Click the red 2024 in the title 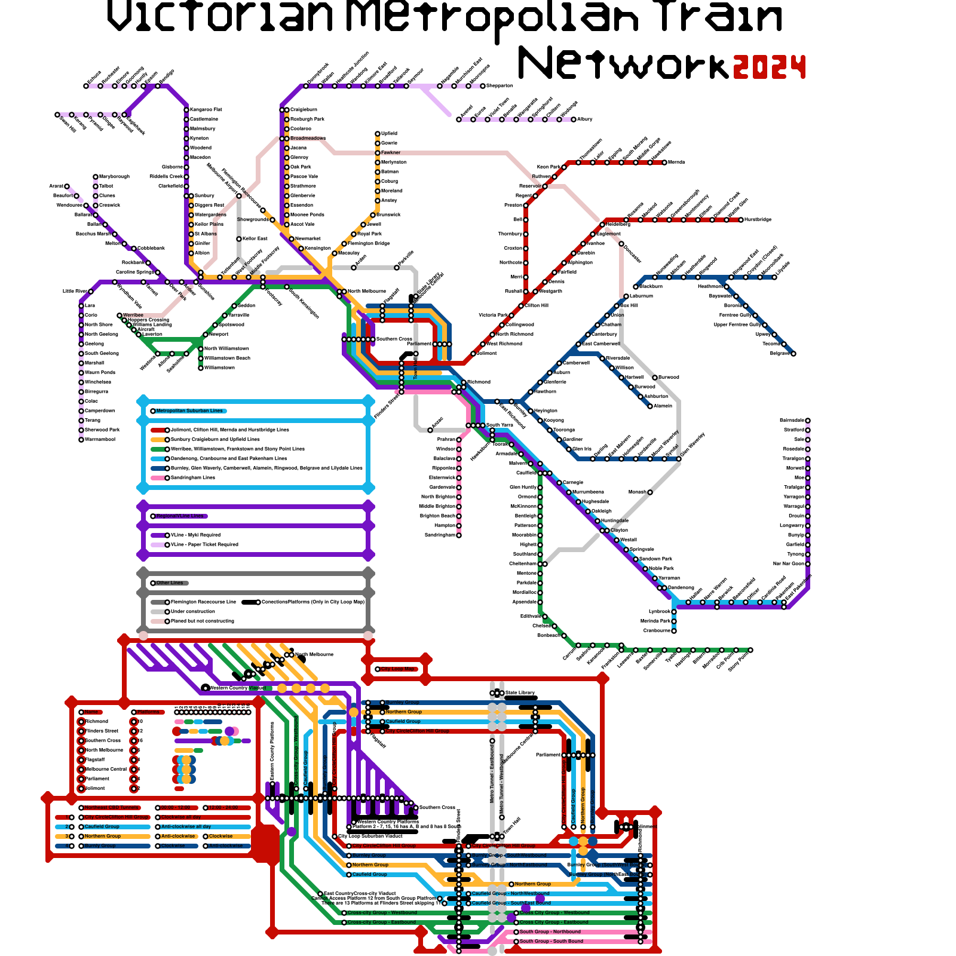[770, 67]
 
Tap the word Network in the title [623, 63]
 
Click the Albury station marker [574, 119]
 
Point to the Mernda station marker [664, 163]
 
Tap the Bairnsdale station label [792, 421]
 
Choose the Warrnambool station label [100, 440]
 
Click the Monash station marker [650, 492]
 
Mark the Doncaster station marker [621, 244]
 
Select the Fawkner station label [391, 153]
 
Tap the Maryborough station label [114, 177]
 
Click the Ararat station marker [67, 186]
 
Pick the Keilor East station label [255, 239]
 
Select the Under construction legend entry [192, 612]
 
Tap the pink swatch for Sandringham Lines [158, 478]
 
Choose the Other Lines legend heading [170, 583]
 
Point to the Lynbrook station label [660, 612]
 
